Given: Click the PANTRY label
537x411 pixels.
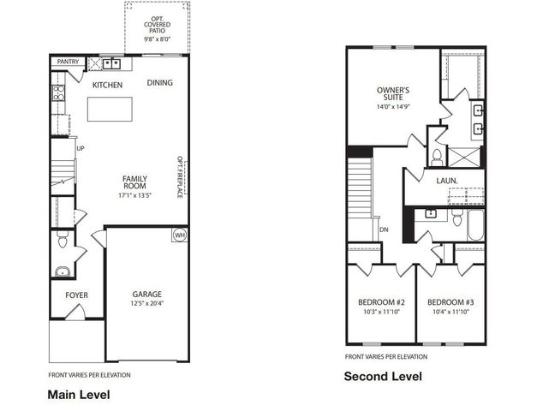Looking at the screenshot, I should [x=67, y=63].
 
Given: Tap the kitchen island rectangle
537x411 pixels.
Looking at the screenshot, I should [x=110, y=109].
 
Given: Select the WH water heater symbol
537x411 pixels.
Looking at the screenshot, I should [x=180, y=235].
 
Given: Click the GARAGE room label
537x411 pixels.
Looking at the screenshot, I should [x=147, y=294].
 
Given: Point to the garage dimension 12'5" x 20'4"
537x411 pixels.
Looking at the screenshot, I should [x=147, y=304].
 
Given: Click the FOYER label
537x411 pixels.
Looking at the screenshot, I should [x=76, y=295].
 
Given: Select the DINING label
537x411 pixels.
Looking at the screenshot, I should [x=159, y=83].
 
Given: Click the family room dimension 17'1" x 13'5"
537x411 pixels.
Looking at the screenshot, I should [x=134, y=194].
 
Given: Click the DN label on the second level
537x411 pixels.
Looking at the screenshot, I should [x=384, y=229].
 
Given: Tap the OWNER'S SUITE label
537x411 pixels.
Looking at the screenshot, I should [x=393, y=93].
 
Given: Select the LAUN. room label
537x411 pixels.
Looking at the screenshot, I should [x=446, y=181].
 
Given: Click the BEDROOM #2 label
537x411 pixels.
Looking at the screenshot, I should [x=381, y=302].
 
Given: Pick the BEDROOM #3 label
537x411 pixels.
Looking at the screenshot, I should [x=450, y=302].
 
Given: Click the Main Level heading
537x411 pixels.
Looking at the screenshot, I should [x=78, y=395].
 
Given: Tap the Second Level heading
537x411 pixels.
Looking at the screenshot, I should [x=383, y=376].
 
